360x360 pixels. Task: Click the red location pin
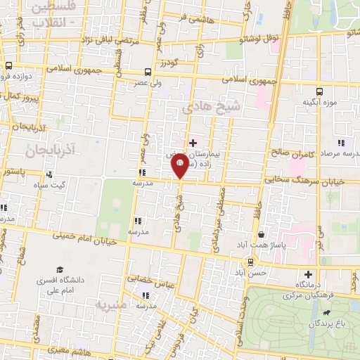pos(179,166)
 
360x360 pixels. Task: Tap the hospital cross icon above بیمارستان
pos(193,143)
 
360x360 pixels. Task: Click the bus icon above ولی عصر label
pos(148,72)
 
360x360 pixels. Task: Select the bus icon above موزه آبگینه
pos(320,91)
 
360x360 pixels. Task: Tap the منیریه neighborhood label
pos(111,307)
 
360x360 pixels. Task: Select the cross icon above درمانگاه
pos(307,274)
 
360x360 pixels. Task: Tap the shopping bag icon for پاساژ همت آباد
pos(262,235)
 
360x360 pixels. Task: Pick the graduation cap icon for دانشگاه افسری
pos(60,269)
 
